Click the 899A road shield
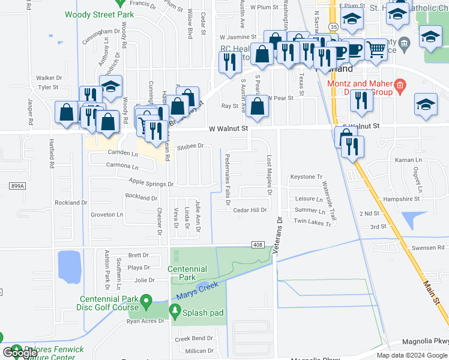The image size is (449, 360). [17, 187]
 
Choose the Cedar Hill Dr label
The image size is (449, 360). [250, 210]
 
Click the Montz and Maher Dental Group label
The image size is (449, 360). [358, 88]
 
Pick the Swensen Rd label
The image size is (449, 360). [428, 247]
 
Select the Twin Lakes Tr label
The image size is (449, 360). [313, 223]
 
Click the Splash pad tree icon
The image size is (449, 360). [175, 311]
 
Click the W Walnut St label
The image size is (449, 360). [229, 128]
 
